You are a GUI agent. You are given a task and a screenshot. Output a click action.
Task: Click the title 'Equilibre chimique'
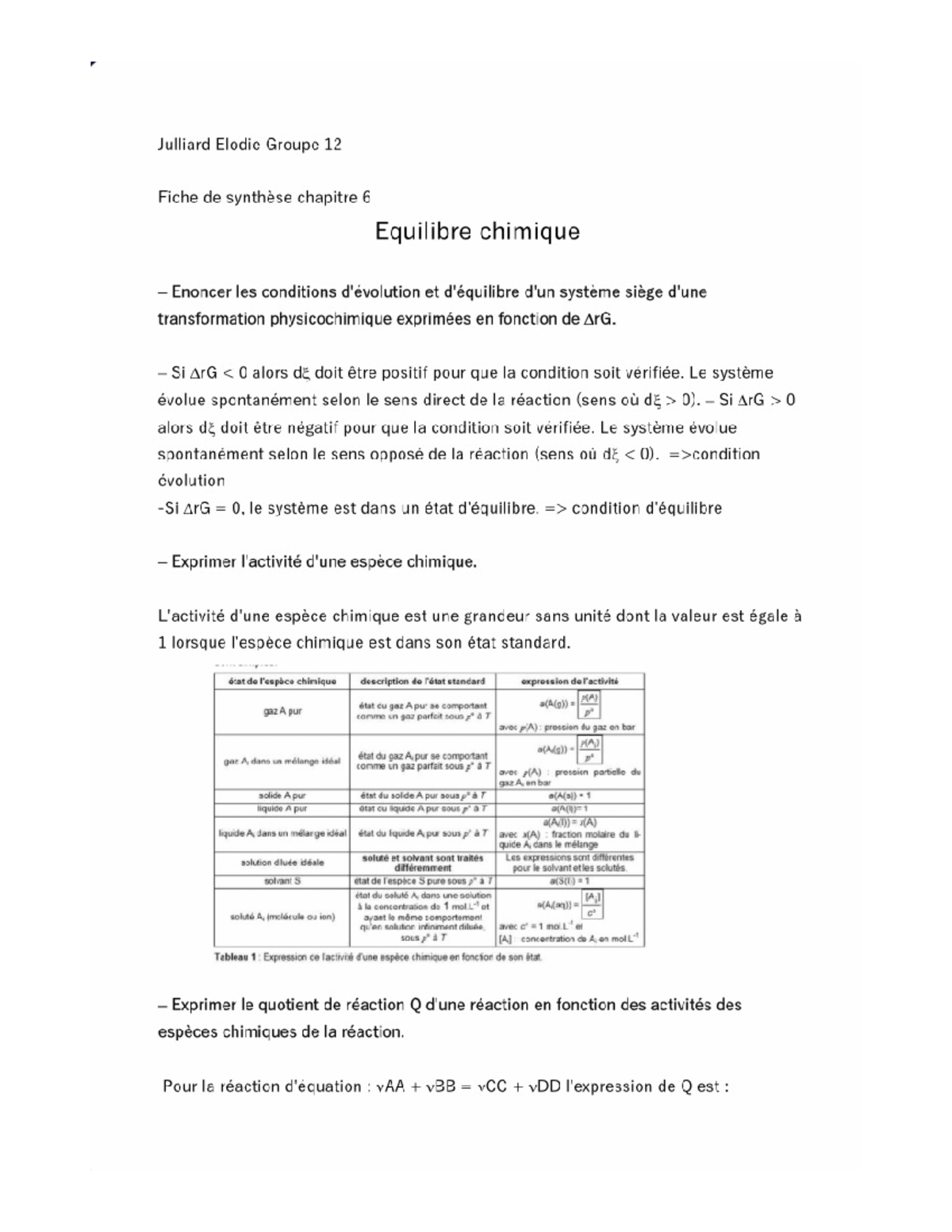pyautogui.click(x=477, y=232)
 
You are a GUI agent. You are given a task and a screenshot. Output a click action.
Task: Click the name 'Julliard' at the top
pyautogui.click(x=183, y=144)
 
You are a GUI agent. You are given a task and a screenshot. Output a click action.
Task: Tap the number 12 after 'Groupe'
pyautogui.click(x=332, y=144)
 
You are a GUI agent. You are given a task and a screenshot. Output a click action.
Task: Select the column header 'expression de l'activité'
pyautogui.click(x=569, y=681)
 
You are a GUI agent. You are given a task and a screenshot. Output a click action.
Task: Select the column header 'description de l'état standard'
pyautogui.click(x=422, y=681)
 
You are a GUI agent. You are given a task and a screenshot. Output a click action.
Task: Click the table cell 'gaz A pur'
pyautogui.click(x=282, y=712)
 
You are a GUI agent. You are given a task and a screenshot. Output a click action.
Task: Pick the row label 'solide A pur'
pyautogui.click(x=282, y=795)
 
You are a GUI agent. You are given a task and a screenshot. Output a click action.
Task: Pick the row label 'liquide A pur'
pyautogui.click(x=282, y=808)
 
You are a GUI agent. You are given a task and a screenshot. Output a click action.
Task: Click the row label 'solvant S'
pyautogui.click(x=282, y=881)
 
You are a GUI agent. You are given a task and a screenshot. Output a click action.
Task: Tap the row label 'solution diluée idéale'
pyautogui.click(x=282, y=862)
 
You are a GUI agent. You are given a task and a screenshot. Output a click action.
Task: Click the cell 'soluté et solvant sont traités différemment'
pyautogui.click(x=422, y=862)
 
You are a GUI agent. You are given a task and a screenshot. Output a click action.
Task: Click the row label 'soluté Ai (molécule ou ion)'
pyautogui.click(x=282, y=916)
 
